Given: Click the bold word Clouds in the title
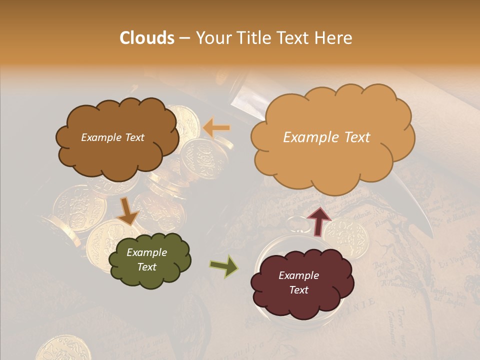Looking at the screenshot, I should tap(147, 38).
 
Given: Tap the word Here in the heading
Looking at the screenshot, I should tap(335, 38).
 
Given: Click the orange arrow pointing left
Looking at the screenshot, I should tap(217, 128).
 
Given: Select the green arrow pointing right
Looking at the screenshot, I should tap(223, 266).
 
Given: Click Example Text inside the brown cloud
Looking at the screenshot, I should tap(112, 137).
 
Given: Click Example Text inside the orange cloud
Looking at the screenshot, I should tap(326, 137).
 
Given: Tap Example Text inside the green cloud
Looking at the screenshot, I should tap(146, 259).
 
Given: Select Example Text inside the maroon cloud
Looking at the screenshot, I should tap(298, 282).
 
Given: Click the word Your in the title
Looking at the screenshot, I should tap(210, 38).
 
